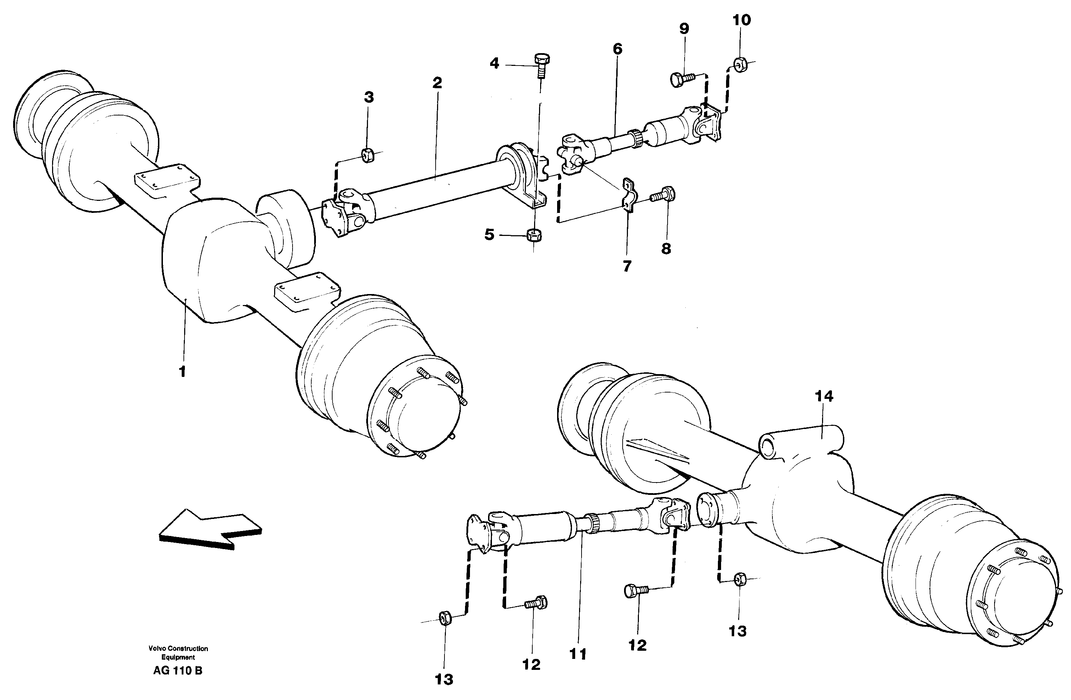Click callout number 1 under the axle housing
click(182, 372)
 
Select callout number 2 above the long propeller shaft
click(437, 83)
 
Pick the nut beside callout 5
click(534, 235)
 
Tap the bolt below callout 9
click(681, 80)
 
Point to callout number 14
click(824, 396)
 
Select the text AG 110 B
click(178, 670)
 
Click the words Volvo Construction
click(178, 648)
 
